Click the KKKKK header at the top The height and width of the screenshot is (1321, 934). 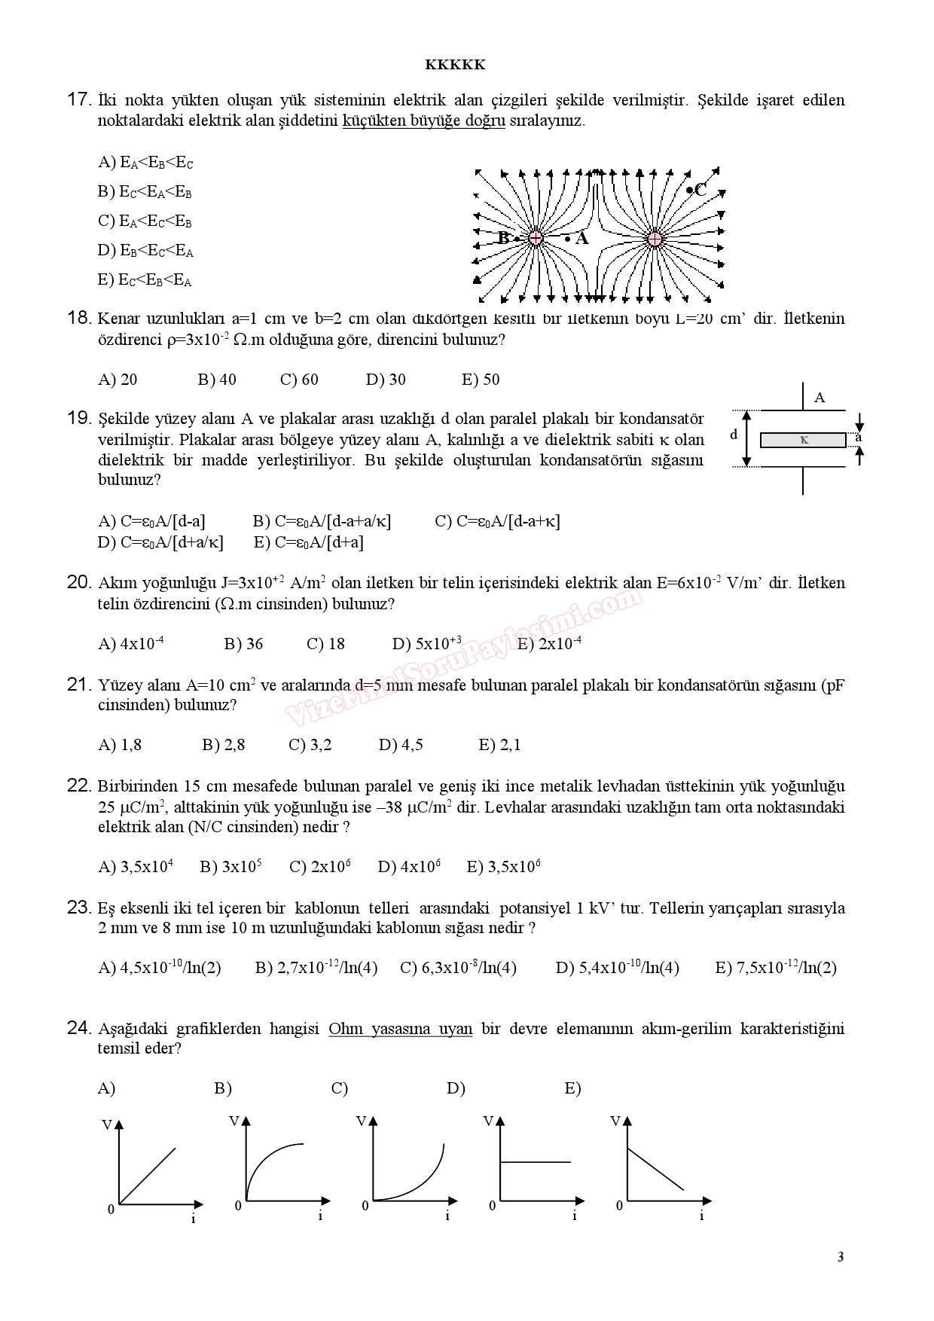click(455, 65)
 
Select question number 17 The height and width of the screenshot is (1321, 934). click(78, 99)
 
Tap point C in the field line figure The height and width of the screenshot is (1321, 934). click(697, 190)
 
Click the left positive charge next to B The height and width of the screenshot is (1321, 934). click(536, 238)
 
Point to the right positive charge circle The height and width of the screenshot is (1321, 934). click(655, 239)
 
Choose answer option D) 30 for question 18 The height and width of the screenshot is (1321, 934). click(386, 380)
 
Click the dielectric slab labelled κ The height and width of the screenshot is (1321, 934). click(803, 440)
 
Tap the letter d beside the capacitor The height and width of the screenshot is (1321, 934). click(734, 435)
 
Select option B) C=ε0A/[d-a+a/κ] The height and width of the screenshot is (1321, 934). click(322, 521)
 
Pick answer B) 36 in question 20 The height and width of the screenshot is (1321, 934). click(243, 644)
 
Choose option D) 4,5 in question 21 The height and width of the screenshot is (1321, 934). click(401, 745)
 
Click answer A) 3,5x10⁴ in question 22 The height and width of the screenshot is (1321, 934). click(136, 867)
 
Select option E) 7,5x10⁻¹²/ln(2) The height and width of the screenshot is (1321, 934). click(775, 968)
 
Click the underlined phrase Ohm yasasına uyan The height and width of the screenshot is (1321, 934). click(400, 1029)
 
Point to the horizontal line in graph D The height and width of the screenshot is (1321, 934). click(535, 1162)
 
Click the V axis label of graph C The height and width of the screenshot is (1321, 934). click(361, 1121)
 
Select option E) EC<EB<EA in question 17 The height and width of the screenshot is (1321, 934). click(145, 281)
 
